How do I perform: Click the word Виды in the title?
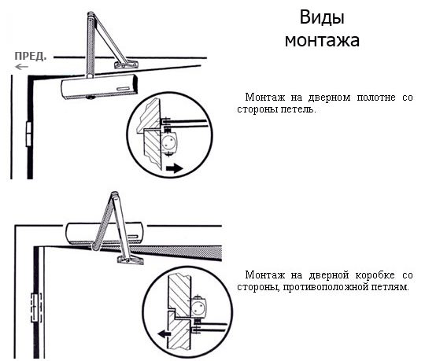tap(322, 18)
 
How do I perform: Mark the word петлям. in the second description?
tap(390, 289)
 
